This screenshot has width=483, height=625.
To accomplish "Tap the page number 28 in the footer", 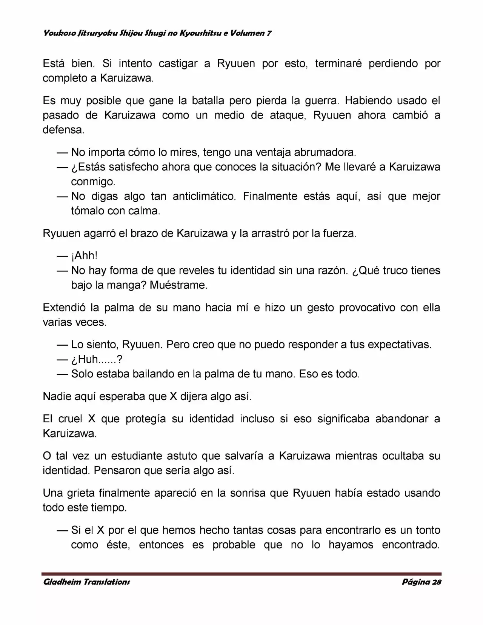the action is click(437, 582).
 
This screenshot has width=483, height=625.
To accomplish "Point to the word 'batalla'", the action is click(208, 101).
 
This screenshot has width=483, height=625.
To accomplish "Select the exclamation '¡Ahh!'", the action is click(85, 256).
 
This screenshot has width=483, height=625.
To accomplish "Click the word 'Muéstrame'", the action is click(178, 285).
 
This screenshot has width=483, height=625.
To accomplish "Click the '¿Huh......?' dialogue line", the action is click(97, 359).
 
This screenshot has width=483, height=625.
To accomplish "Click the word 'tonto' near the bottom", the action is click(428, 530).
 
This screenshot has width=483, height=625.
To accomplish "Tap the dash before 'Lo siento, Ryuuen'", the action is click(62, 345).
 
